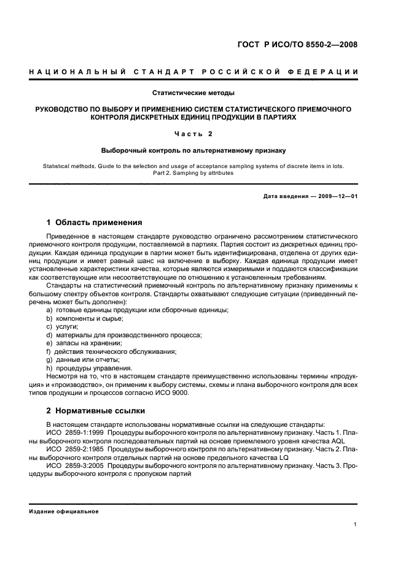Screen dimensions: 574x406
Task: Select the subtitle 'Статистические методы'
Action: [193, 93]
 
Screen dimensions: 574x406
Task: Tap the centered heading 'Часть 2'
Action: [193, 134]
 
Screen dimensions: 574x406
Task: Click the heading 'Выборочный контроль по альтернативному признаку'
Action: [193, 150]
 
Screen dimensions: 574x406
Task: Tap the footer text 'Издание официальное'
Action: [64, 511]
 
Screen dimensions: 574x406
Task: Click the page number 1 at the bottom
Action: [356, 524]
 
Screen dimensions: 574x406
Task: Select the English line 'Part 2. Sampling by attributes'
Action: [193, 172]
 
